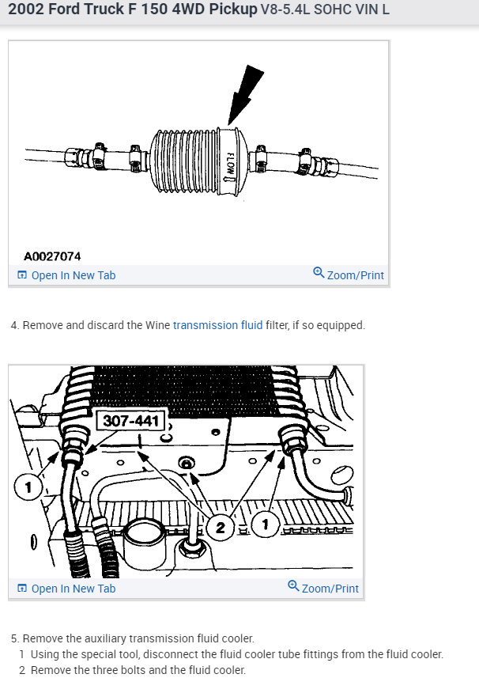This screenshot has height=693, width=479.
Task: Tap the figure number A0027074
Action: [52, 256]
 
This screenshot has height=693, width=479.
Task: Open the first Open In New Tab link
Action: [73, 275]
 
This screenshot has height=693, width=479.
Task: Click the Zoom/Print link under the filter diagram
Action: [355, 275]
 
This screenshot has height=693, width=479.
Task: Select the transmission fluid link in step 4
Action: [217, 325]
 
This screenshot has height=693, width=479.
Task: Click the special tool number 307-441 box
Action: [130, 421]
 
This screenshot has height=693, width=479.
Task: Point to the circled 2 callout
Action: [221, 525]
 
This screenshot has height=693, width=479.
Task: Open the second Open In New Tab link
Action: [73, 589]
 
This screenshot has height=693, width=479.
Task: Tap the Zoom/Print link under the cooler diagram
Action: [330, 589]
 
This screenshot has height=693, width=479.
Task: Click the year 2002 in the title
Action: [26, 10]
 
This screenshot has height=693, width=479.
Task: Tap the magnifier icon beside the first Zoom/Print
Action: [319, 274]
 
